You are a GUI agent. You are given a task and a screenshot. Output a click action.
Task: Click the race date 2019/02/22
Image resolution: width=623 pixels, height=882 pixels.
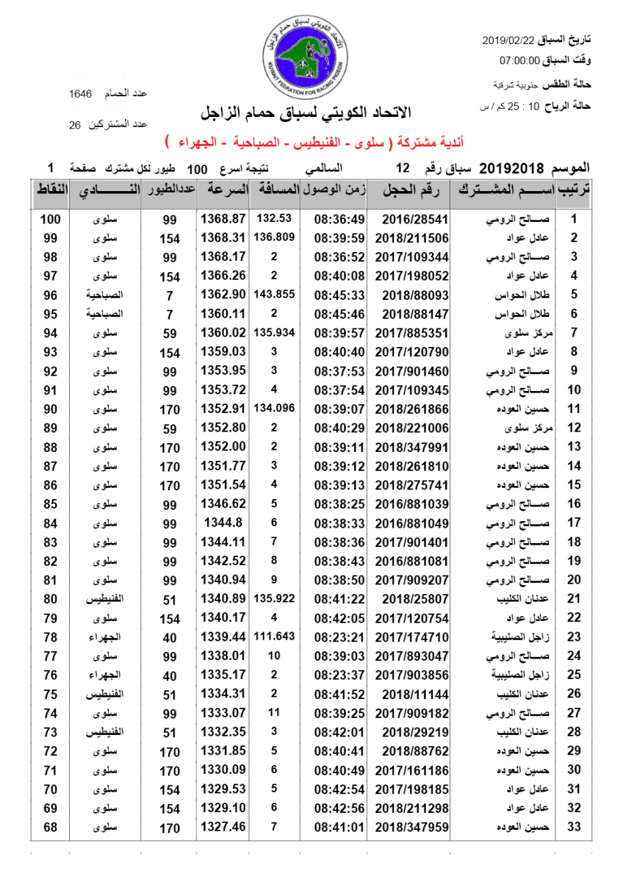(x=509, y=38)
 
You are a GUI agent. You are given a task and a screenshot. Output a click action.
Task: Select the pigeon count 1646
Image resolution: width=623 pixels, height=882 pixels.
(x=80, y=93)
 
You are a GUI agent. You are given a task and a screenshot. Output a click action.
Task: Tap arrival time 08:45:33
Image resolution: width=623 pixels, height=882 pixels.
(x=339, y=295)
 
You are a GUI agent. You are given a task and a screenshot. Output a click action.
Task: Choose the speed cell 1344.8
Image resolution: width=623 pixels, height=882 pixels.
(x=223, y=523)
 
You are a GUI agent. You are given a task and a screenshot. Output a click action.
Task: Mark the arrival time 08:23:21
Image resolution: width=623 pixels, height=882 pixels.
(x=339, y=637)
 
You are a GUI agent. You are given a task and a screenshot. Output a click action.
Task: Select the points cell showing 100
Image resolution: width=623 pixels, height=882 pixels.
(x=50, y=219)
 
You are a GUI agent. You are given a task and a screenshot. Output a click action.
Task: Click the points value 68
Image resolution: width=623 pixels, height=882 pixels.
(x=50, y=828)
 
